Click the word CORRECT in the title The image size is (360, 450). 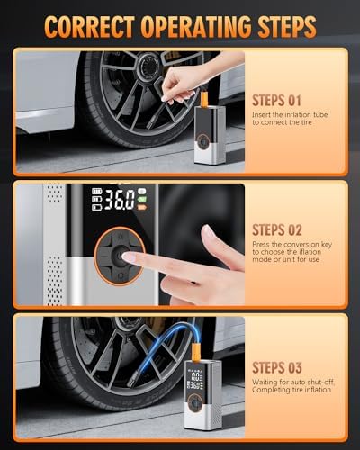coord(89,27)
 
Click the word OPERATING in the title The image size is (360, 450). coord(196,27)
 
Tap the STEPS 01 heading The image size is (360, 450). coord(276,101)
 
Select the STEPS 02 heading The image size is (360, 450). coord(277,230)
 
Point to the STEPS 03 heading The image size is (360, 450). coord(277,367)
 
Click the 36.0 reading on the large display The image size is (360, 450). coord(120,200)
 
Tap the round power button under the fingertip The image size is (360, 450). coord(120,256)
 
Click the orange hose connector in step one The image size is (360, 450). coord(204,98)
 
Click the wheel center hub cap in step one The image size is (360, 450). coord(148,64)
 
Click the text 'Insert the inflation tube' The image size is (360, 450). coord(290,114)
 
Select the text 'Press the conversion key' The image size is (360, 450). coord(292,244)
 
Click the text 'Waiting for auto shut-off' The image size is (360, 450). coord(293,382)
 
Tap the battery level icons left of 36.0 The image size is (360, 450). coord(97,199)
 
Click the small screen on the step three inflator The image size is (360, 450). coord(196,379)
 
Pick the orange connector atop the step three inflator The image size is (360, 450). coord(195,353)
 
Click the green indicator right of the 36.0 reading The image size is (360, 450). coord(142,199)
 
